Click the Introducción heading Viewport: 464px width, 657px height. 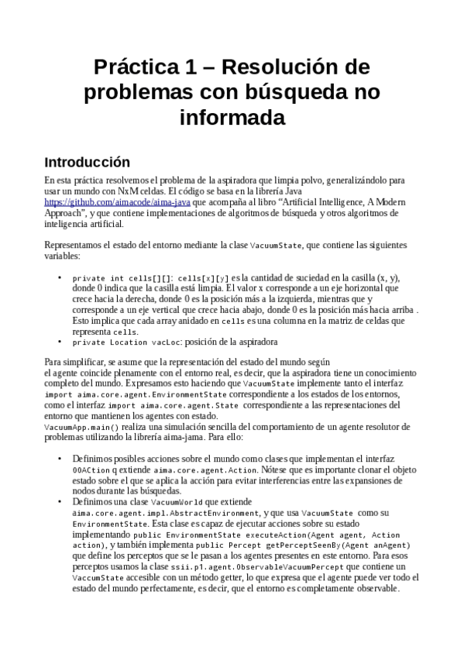pyautogui.click(x=87, y=163)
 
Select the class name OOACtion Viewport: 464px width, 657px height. pyautogui.click(x=91, y=470)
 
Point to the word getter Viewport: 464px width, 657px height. pyautogui.click(x=222, y=577)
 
